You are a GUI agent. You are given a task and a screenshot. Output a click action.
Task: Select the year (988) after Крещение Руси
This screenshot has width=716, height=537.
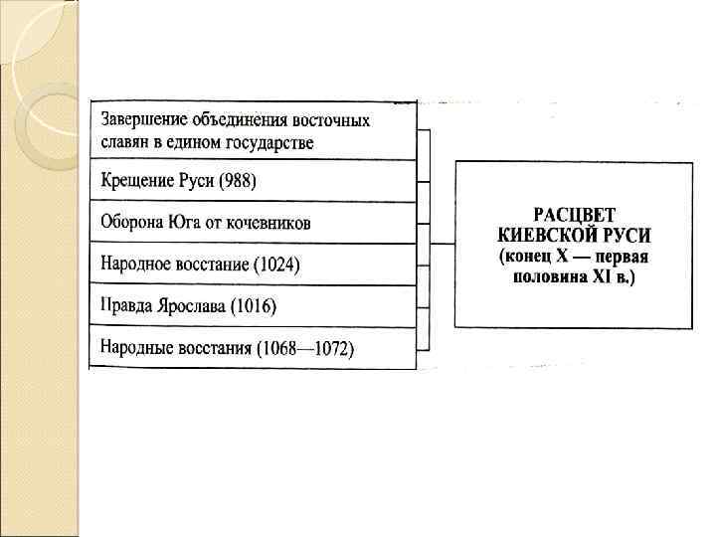235,182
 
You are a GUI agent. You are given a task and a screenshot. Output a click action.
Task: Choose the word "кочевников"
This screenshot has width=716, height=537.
271,223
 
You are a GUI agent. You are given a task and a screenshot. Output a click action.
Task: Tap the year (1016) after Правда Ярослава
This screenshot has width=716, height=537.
252,306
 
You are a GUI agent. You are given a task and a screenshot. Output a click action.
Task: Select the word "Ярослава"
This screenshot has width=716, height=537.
192,306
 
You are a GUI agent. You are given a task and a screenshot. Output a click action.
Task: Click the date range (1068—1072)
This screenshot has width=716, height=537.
305,349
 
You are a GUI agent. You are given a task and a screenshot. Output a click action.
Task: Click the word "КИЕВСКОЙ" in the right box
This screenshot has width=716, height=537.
542,237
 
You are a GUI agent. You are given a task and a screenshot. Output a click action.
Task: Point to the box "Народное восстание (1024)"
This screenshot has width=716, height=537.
253,265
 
